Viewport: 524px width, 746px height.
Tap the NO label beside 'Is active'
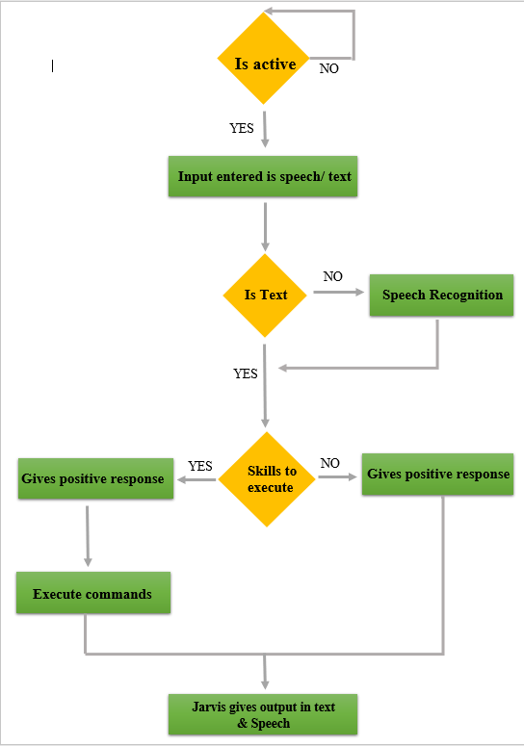pyautogui.click(x=328, y=68)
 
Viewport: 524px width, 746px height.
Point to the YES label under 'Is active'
pyautogui.click(x=242, y=128)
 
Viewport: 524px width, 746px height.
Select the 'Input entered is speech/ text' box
pyautogui.click(x=263, y=177)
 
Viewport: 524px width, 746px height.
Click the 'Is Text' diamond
pyautogui.click(x=264, y=296)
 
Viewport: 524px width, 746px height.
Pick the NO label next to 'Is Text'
pyautogui.click(x=332, y=276)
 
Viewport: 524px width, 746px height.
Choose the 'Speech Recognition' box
pyautogui.click(x=441, y=295)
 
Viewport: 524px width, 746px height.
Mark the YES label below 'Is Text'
pyautogui.click(x=245, y=373)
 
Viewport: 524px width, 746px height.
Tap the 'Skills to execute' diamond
pyautogui.click(x=269, y=478)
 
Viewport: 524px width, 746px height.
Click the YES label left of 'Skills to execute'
pyautogui.click(x=199, y=466)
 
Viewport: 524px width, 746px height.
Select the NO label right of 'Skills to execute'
pyautogui.click(x=329, y=463)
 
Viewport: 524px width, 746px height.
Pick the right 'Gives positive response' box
pyautogui.click(x=438, y=474)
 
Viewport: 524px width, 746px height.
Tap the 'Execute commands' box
pyautogui.click(x=92, y=594)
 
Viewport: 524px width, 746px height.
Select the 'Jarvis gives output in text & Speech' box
pyautogui.click(x=263, y=714)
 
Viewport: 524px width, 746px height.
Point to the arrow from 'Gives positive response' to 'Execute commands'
pyautogui.click(x=88, y=534)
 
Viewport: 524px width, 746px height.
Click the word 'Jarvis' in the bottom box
pyautogui.click(x=210, y=707)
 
